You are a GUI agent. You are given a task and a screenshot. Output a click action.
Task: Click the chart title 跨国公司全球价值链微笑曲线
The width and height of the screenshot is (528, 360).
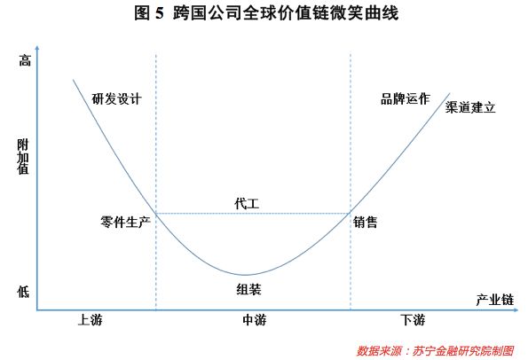286,13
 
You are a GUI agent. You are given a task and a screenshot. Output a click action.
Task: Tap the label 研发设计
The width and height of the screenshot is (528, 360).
116,99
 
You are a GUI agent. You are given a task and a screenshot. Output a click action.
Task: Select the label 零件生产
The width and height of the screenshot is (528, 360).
125,222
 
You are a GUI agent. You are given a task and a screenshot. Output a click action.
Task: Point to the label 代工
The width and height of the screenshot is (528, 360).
247,204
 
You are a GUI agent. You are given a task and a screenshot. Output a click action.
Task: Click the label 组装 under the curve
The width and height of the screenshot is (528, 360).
248,289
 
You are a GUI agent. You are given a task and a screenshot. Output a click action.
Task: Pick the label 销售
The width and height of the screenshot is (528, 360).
366,222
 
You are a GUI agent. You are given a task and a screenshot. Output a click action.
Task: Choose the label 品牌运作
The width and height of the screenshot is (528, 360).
406,99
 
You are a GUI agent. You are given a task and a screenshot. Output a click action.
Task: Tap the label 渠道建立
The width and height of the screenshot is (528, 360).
470,107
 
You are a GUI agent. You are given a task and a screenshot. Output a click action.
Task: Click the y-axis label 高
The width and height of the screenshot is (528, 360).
25,61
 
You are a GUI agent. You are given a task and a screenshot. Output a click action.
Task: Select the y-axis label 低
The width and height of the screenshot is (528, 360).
23,292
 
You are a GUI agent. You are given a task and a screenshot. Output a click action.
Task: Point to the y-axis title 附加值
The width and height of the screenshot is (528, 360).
23,157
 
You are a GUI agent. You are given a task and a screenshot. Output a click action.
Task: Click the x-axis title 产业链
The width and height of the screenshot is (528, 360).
495,300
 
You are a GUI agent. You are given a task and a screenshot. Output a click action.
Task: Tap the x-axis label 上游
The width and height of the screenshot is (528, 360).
90,319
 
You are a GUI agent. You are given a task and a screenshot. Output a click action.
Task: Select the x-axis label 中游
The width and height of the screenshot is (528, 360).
255,319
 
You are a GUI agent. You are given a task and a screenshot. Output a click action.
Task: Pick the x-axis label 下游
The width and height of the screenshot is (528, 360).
413,319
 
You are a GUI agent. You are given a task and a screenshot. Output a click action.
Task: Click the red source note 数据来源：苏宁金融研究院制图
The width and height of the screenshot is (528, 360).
435,351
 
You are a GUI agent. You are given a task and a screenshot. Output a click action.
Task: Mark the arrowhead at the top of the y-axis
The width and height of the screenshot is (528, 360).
37,48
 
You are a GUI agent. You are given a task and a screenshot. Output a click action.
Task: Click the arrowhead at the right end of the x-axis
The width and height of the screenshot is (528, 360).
516,309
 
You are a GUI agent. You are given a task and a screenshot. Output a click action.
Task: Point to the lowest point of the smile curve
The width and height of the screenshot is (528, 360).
246,275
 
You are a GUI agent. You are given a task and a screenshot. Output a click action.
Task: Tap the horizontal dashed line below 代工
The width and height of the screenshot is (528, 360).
253,214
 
